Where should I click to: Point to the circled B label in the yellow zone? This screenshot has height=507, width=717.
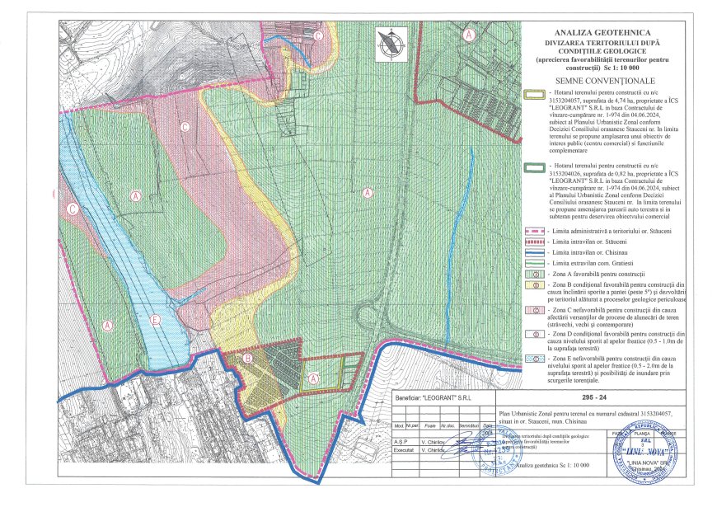coord(248,359)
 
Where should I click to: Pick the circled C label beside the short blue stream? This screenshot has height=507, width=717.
coord(318,35)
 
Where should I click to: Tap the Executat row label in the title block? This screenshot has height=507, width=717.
coord(404,451)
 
